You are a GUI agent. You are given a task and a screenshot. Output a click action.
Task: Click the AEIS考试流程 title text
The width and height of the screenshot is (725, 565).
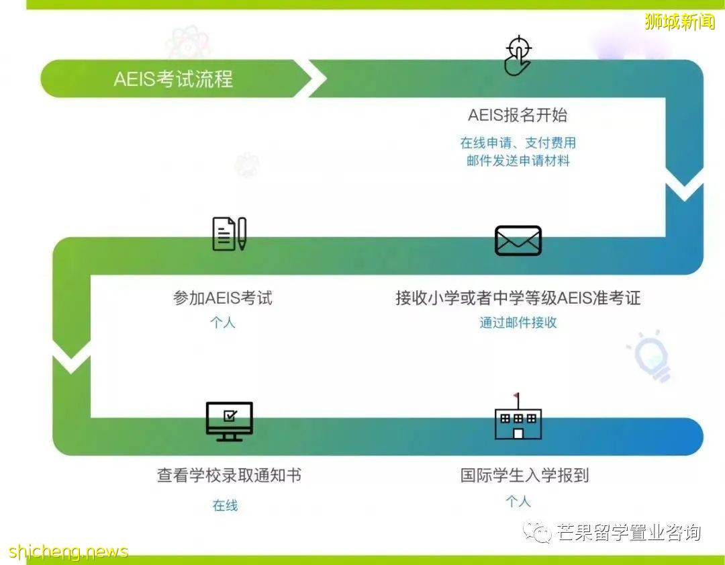coord(173,79)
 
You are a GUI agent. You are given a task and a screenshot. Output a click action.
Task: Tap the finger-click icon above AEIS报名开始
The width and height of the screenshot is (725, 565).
coord(518,56)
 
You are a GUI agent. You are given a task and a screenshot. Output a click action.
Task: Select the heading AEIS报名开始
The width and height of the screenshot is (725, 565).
coord(518,116)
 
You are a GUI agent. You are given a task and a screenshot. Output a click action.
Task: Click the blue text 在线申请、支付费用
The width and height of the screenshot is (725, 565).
coord(518,143)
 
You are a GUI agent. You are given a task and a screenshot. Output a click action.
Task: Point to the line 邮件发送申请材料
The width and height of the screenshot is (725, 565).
coord(518,161)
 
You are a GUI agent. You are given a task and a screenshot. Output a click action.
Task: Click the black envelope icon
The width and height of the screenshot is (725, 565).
coord(518,241)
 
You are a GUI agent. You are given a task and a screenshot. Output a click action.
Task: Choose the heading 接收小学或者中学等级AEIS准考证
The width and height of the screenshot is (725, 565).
coord(518,298)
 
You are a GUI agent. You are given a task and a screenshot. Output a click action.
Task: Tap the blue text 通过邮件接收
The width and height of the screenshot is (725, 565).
coord(518,322)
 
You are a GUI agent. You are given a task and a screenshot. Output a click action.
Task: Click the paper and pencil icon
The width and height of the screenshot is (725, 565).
coord(229,234)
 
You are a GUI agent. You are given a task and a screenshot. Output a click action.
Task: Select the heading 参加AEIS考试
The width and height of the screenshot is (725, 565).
coord(223,298)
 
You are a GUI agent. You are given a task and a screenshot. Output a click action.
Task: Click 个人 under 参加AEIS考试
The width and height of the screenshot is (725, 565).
coord(223,322)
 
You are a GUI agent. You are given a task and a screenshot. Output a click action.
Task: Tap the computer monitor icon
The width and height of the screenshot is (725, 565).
coord(229,421)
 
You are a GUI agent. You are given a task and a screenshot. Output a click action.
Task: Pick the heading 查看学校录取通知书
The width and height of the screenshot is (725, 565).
coord(229,476)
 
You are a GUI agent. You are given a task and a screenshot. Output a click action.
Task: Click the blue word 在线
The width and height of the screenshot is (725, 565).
coord(226,505)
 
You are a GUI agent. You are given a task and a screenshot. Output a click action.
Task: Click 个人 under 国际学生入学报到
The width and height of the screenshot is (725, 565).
coord(518,501)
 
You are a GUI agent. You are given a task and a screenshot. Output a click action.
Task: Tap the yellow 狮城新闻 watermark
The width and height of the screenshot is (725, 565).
coord(679,21)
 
